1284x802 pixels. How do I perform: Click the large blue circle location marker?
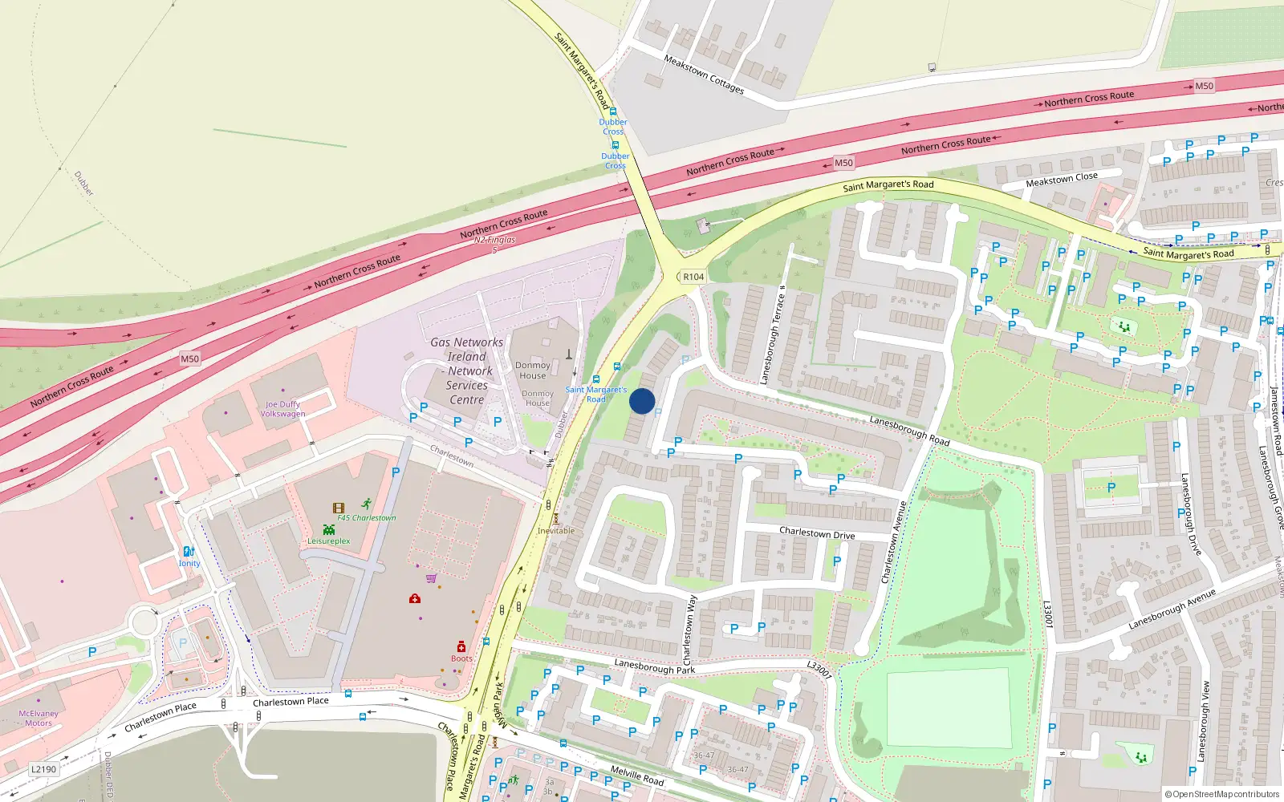(x=642, y=401)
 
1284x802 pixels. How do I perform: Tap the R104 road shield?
(x=693, y=277)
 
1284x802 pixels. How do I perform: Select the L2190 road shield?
(x=44, y=769)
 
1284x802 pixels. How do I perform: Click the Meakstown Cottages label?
(x=704, y=75)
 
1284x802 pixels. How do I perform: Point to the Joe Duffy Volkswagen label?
(x=282, y=409)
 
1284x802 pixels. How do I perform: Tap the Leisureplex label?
(x=329, y=541)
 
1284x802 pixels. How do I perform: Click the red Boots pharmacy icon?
(x=461, y=646)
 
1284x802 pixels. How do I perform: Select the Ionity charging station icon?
(x=189, y=552)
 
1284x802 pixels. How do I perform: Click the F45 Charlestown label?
(x=367, y=517)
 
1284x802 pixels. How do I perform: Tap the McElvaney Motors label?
(x=39, y=718)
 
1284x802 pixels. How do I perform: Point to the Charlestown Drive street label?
(x=817, y=533)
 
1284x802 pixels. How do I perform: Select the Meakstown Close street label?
(x=1062, y=180)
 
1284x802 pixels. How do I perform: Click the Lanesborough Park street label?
(x=655, y=667)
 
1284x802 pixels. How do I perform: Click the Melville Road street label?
(x=637, y=775)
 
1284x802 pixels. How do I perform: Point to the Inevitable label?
(x=556, y=531)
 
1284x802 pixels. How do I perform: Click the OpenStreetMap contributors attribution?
(x=1222, y=794)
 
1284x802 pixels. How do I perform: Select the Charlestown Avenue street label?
(x=893, y=542)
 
